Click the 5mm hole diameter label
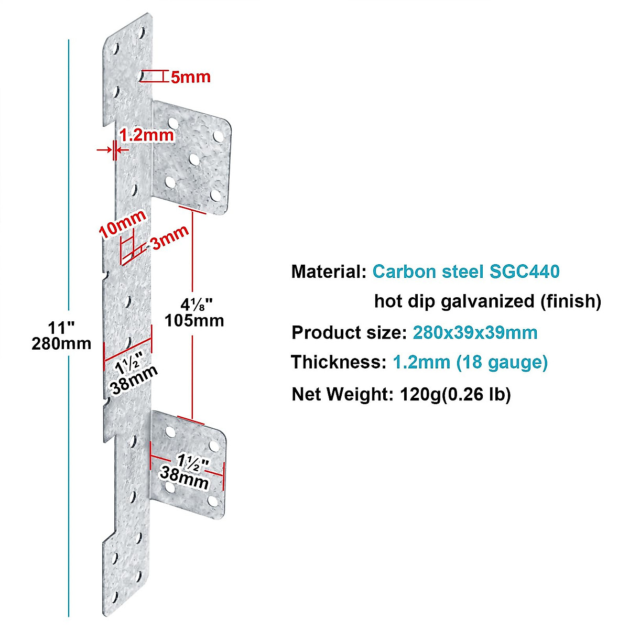(x=191, y=77)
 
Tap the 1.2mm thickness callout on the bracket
(x=146, y=135)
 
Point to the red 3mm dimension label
(x=169, y=238)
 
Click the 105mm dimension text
(x=194, y=320)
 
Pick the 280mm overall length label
(x=61, y=344)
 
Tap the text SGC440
(x=524, y=272)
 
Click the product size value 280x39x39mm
(x=475, y=332)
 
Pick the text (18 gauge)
(x=502, y=362)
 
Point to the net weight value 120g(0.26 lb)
(x=455, y=394)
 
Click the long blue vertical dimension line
(x=69, y=210)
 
